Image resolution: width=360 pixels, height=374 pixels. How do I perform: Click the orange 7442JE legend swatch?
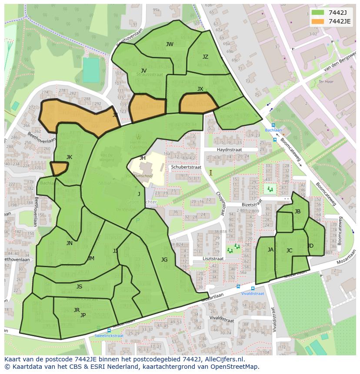click(x=318, y=21)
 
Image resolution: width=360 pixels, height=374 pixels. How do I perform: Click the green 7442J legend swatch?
click(x=318, y=13)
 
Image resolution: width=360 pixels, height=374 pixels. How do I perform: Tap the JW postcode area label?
click(x=170, y=44)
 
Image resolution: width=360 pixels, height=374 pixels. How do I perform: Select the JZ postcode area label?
click(x=205, y=57)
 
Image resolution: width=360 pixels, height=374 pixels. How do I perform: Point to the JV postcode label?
click(x=143, y=70)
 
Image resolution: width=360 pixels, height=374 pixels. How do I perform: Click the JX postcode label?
click(x=200, y=89)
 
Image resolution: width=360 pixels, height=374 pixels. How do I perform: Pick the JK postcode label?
click(x=69, y=157)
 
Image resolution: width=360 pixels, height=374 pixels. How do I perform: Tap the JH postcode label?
click(x=143, y=158)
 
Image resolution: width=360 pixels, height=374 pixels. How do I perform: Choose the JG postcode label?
click(x=164, y=260)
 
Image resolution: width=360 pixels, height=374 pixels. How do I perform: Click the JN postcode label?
click(x=70, y=243)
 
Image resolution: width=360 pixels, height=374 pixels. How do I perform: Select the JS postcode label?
click(x=79, y=287)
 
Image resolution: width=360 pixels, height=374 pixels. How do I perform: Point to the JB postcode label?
click(x=297, y=212)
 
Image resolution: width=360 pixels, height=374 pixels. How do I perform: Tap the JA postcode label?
click(x=270, y=250)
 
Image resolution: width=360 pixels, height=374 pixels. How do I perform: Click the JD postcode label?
click(x=310, y=246)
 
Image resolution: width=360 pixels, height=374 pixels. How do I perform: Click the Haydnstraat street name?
click(x=229, y=149)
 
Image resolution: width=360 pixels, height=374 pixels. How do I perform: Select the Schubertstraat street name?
click(x=186, y=167)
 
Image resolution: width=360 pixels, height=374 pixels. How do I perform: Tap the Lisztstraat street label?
click(x=213, y=258)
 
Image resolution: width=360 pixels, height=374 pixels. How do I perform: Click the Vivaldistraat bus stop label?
click(x=252, y=294)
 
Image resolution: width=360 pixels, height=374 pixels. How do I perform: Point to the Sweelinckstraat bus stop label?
click(x=109, y=336)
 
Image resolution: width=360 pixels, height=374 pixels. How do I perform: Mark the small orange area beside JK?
click(x=59, y=168)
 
